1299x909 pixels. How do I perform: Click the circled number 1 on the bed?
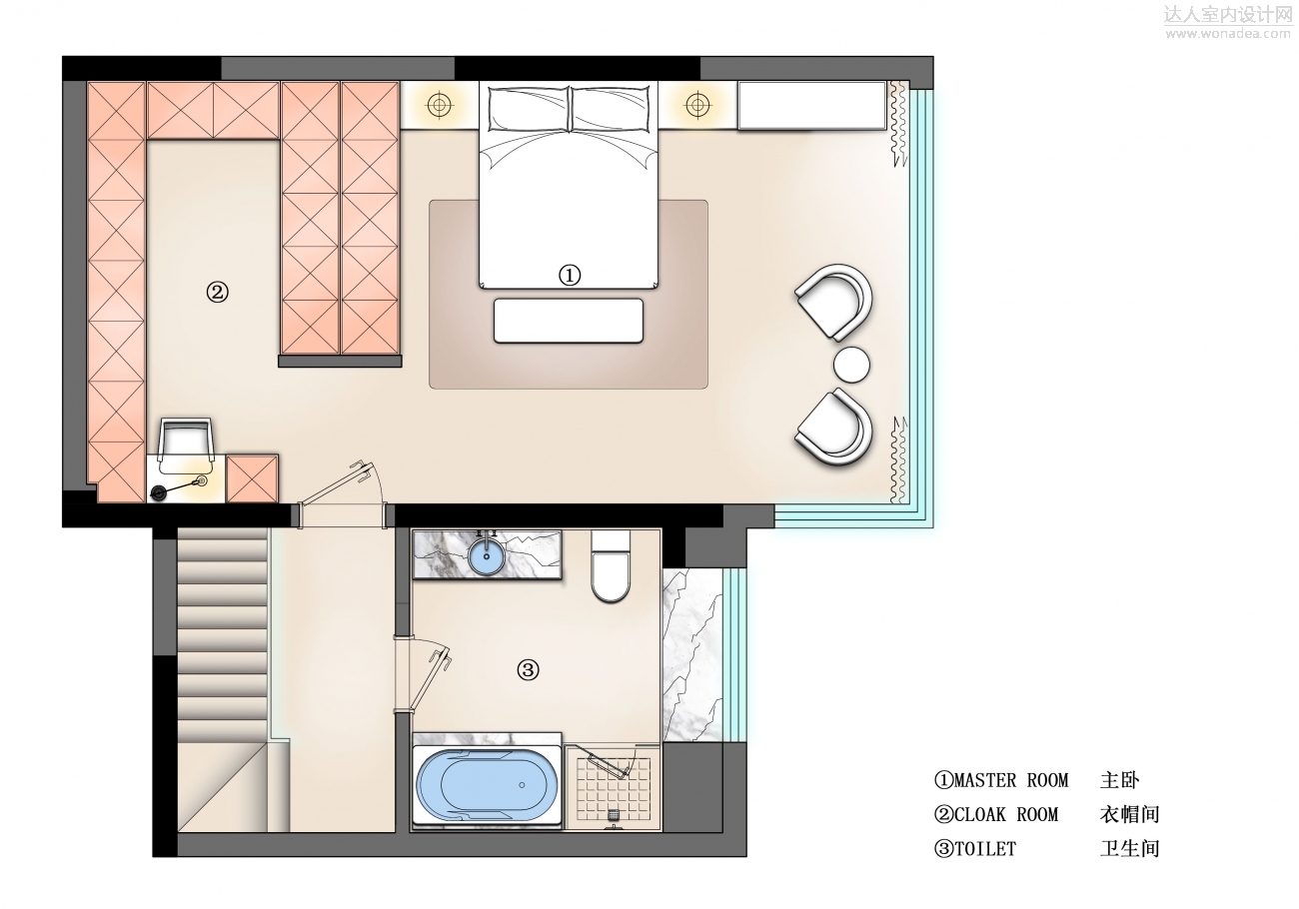(569, 275)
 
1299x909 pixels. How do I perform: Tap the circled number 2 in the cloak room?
(218, 292)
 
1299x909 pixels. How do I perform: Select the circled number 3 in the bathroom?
(528, 670)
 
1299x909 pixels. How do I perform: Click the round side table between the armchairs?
(851, 365)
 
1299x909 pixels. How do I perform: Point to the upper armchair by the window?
(835, 302)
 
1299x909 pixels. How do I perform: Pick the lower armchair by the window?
(835, 427)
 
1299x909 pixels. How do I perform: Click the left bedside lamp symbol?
(440, 105)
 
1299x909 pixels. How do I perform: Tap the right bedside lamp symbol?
(697, 105)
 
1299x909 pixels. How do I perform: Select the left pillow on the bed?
(529, 109)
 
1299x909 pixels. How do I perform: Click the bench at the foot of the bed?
(569, 321)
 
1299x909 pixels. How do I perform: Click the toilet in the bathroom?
(611, 566)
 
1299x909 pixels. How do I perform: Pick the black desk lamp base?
(158, 492)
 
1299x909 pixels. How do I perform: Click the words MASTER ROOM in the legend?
(1011, 780)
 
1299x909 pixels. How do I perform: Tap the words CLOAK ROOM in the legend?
(1006, 814)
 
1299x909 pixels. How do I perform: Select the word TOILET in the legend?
(985, 849)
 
